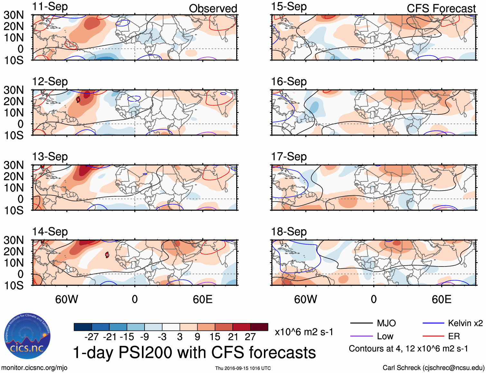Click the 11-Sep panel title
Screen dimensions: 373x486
(x=50, y=7)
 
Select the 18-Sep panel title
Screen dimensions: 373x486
(x=289, y=232)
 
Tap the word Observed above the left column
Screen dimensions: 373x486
(x=213, y=9)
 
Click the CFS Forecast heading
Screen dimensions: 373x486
(x=441, y=9)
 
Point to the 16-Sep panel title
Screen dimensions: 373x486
(x=289, y=82)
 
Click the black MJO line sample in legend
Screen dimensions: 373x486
(x=361, y=323)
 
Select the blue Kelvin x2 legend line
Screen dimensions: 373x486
(x=433, y=323)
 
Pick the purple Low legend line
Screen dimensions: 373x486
(x=361, y=336)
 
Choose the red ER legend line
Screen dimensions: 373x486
(x=433, y=336)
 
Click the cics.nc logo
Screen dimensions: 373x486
(x=27, y=336)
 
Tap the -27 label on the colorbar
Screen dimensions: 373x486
(x=91, y=337)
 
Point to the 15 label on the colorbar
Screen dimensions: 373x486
(x=215, y=337)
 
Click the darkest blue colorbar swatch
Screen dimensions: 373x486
(x=83, y=327)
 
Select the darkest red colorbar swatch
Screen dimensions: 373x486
(x=259, y=327)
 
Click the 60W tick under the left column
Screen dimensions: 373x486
(x=67, y=299)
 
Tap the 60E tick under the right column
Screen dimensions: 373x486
(x=441, y=299)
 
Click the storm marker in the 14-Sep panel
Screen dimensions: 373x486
(x=107, y=255)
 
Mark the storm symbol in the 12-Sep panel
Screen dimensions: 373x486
(x=78, y=100)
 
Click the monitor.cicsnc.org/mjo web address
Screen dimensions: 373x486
(x=34, y=368)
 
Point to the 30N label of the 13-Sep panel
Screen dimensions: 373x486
(x=14, y=165)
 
